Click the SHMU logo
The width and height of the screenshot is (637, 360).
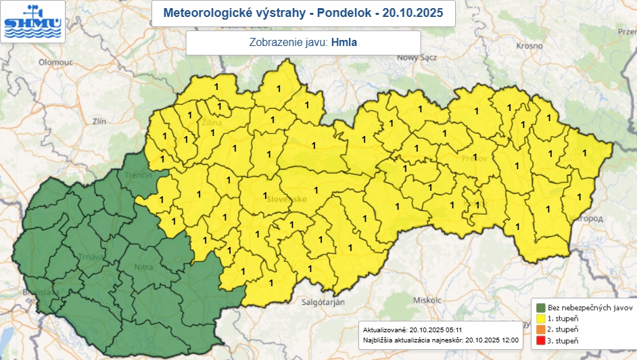point(32,21)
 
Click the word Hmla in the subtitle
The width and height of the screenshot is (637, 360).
point(344,43)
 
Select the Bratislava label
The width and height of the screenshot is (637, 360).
point(37,292)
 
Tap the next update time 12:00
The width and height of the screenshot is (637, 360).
point(510,338)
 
